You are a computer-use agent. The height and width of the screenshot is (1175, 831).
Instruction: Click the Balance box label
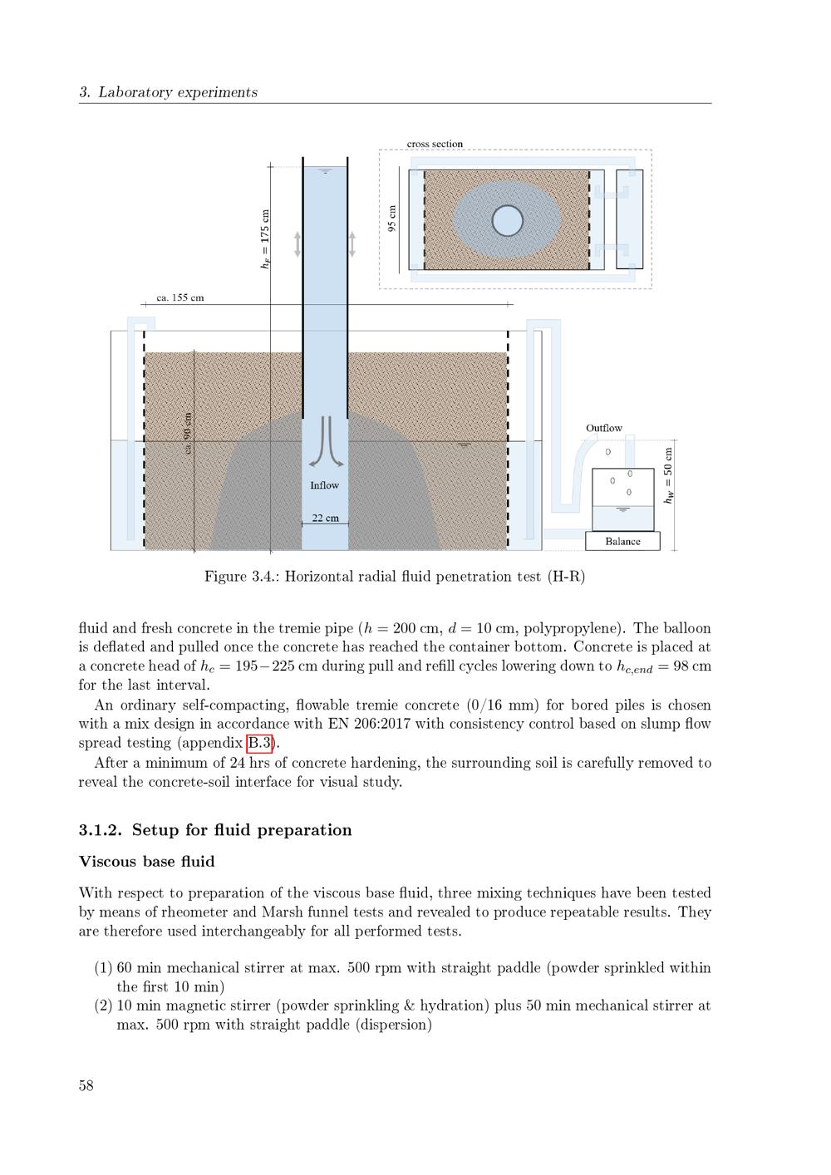coord(622,542)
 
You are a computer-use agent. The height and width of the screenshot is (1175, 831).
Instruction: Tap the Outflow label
coord(603,428)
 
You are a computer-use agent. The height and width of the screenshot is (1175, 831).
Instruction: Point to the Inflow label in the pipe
coord(324,485)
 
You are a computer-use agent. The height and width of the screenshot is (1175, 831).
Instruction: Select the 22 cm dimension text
coord(325,518)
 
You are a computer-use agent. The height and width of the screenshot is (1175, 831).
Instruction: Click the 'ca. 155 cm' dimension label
coord(180,297)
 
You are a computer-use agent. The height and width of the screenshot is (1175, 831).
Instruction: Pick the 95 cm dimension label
coord(392,219)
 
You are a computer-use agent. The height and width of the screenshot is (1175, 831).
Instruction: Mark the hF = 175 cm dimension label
coord(265,238)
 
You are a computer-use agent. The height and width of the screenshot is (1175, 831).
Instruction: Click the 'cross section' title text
coord(435,144)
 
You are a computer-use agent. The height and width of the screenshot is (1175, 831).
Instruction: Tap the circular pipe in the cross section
coord(507,220)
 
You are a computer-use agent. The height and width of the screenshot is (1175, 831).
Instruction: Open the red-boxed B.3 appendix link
coord(259,743)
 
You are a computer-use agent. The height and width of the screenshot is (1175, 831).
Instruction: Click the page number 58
coord(86,1085)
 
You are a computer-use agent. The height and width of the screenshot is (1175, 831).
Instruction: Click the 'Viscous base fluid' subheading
coord(146,862)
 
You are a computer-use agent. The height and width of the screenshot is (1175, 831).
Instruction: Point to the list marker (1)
coord(103,968)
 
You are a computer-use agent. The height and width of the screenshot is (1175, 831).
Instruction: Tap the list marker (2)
coord(103,1005)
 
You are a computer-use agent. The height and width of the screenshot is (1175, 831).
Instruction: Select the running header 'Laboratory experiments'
coord(177,92)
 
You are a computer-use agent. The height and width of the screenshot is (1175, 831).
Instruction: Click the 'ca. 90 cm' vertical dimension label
coord(188,433)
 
